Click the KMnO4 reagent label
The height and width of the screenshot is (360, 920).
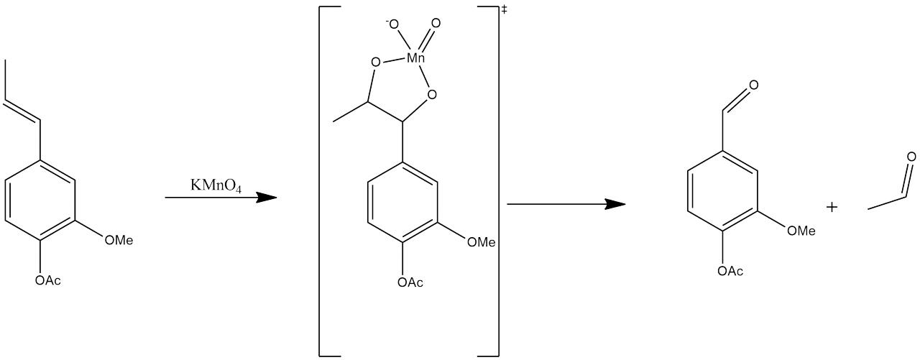[216, 185]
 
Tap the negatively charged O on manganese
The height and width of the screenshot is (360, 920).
[393, 26]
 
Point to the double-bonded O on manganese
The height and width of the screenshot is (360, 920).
[436, 24]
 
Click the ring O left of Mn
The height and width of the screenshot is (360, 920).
[375, 63]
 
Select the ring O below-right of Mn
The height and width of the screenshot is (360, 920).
[431, 94]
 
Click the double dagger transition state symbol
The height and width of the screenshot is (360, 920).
[504, 10]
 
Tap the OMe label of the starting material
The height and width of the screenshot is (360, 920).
[119, 240]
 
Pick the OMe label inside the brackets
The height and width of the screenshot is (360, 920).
[482, 242]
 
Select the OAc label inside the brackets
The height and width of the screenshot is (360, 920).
[410, 282]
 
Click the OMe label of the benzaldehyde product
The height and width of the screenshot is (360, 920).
[801, 231]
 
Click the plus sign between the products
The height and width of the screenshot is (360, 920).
[832, 208]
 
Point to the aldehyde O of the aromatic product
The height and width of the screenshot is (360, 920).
[753, 86]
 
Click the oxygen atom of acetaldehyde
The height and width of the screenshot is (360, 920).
[911, 157]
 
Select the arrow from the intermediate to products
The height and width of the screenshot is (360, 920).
[566, 205]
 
